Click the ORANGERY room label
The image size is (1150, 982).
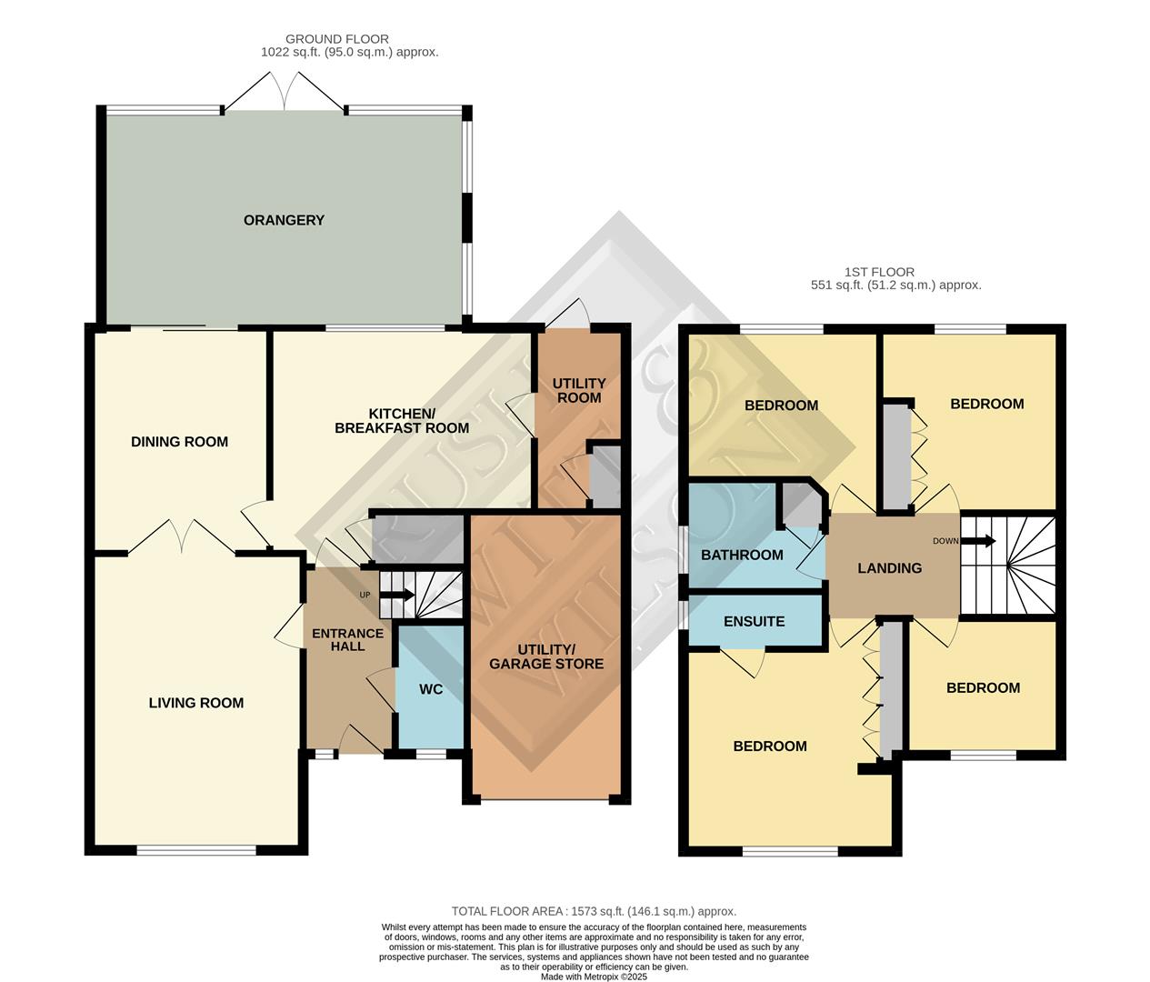284,220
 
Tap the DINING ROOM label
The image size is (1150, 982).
179,442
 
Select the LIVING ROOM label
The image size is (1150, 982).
196,703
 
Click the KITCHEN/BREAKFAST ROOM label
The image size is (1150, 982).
402,421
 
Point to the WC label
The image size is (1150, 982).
431,689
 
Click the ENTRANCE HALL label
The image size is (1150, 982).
347,640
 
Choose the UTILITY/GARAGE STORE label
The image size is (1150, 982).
546,656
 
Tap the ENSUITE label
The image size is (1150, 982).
754,621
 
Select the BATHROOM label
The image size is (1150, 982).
742,555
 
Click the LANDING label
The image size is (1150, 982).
890,568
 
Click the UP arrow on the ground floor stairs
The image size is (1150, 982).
397,596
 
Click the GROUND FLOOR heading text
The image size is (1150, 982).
337,39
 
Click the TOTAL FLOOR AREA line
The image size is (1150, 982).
594,911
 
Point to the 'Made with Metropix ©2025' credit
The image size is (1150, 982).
594,977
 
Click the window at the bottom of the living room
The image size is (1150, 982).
196,851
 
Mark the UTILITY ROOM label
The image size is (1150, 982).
579,390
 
